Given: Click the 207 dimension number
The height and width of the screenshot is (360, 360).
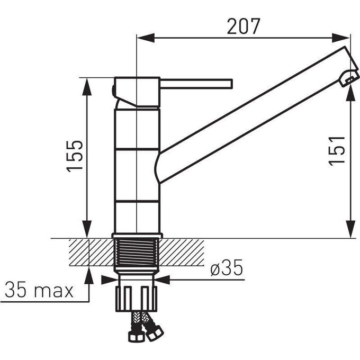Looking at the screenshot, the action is (x=244, y=26).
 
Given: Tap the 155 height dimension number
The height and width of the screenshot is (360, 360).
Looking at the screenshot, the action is (x=75, y=156).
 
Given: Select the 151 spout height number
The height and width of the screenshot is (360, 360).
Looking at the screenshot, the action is (x=337, y=151).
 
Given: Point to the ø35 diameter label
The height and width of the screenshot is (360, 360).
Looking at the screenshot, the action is (x=227, y=268).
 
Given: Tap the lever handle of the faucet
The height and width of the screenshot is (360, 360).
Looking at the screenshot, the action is (x=196, y=84).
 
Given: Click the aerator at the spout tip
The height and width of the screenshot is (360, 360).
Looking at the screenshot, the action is (x=349, y=78).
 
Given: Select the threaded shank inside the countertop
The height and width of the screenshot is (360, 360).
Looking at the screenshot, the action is (x=137, y=252).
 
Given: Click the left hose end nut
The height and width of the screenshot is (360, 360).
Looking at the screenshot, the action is (x=136, y=337).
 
